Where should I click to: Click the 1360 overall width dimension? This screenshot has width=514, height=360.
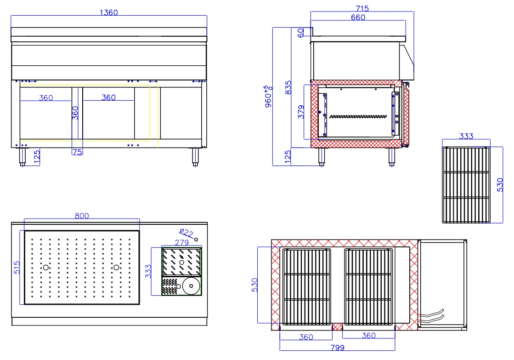click(x=108, y=12)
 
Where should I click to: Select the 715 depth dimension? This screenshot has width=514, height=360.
click(x=362, y=9)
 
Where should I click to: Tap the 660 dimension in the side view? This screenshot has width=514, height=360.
click(x=358, y=17)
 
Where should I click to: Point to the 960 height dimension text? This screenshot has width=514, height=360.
click(x=268, y=97)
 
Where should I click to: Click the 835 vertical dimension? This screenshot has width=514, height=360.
click(x=288, y=88)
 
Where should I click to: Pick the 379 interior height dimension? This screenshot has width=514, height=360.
click(x=301, y=112)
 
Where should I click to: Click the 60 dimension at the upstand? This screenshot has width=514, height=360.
click(x=300, y=33)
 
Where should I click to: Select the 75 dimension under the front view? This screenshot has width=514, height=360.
click(x=77, y=152)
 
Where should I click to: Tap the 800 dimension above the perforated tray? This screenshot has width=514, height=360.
click(x=82, y=216)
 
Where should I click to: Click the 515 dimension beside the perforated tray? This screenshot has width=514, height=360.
click(x=17, y=268)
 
